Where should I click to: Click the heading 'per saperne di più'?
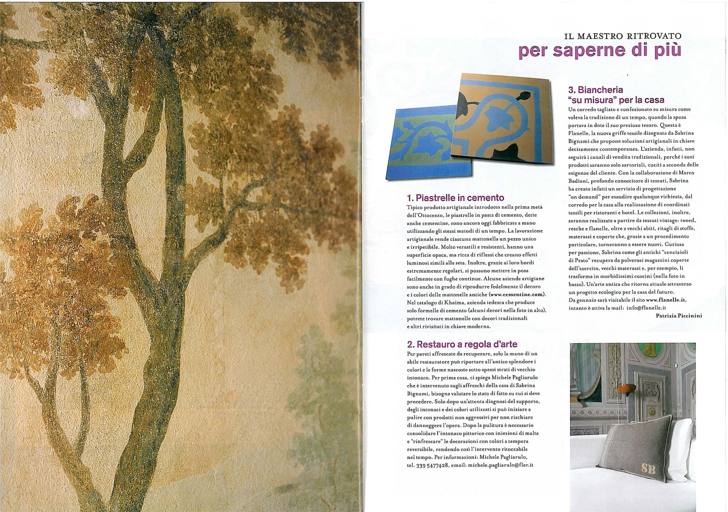tap(600, 51)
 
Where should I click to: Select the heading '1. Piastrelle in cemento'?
tap(455, 198)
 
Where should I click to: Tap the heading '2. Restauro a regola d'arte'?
tap(462, 344)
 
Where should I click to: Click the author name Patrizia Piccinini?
tap(678, 315)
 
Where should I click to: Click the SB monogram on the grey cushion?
tap(648, 468)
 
